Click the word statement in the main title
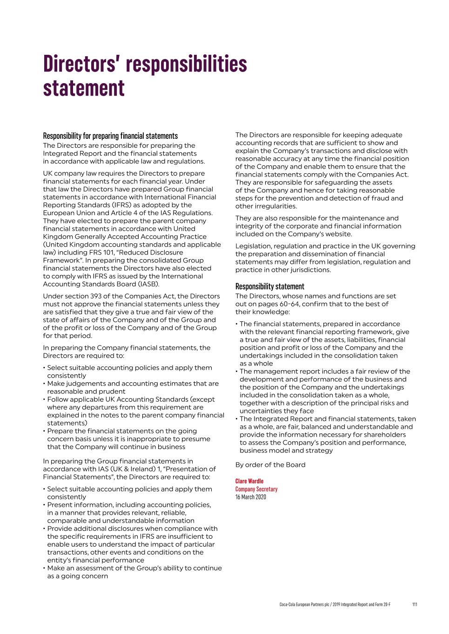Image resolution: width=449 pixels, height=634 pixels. point(84,88)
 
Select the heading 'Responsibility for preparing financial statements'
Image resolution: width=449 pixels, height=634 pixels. point(110,136)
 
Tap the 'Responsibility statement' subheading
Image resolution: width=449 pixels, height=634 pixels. point(269,286)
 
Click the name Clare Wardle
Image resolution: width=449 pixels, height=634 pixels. point(249,481)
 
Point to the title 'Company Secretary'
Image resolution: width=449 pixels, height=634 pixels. point(256,489)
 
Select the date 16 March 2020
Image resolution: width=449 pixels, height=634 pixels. point(251,497)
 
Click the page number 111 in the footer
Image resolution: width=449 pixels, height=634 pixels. point(415,604)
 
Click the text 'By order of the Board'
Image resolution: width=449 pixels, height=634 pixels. point(270,465)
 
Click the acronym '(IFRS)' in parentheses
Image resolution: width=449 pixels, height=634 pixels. point(118,205)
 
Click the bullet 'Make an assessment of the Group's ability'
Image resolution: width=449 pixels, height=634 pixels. point(134,568)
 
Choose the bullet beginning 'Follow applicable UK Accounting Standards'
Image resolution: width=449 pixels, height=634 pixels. point(131,399)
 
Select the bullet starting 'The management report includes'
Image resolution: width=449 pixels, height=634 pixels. point(325,372)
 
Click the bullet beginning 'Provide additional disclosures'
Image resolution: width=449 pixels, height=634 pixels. point(132,529)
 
